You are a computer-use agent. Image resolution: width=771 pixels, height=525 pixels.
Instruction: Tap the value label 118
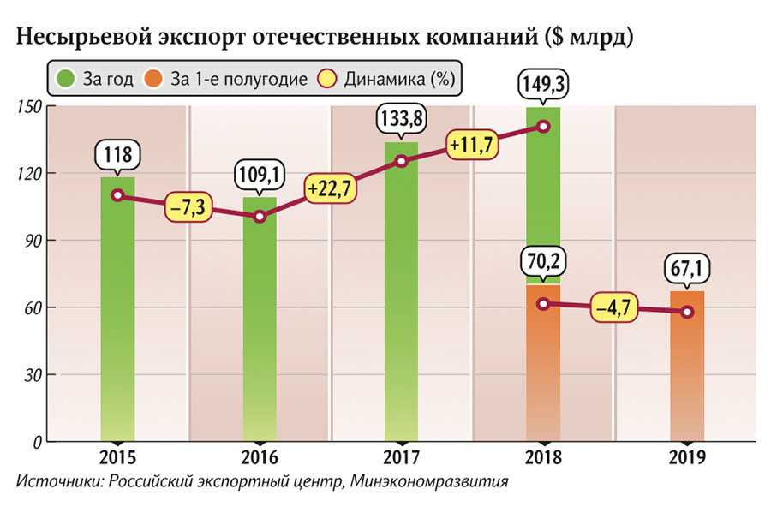coord(117,156)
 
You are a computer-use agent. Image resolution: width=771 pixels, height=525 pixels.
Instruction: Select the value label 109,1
coord(260,176)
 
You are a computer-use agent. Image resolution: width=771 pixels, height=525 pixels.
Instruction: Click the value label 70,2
coord(543,260)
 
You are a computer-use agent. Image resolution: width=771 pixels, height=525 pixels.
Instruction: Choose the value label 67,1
coord(687,270)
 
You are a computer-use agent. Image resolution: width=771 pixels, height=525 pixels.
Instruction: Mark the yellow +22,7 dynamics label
coord(330,188)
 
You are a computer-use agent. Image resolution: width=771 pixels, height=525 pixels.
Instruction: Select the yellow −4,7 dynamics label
coord(614,309)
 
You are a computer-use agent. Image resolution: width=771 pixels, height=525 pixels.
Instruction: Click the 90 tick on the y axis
coord(33,241)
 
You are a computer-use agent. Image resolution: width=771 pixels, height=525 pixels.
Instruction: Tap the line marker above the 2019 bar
coord(687,312)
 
